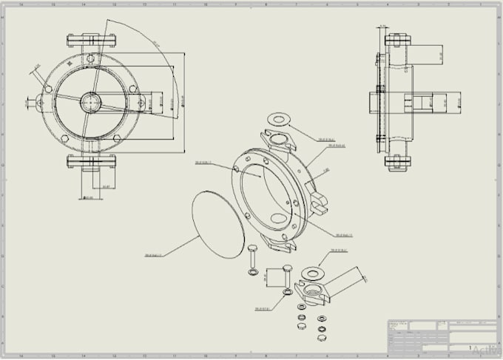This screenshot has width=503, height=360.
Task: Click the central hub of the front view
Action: coord(92,101)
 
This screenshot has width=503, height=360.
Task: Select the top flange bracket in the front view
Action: coord(92,38)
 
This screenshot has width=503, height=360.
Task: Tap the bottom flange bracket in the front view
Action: coord(92,160)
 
